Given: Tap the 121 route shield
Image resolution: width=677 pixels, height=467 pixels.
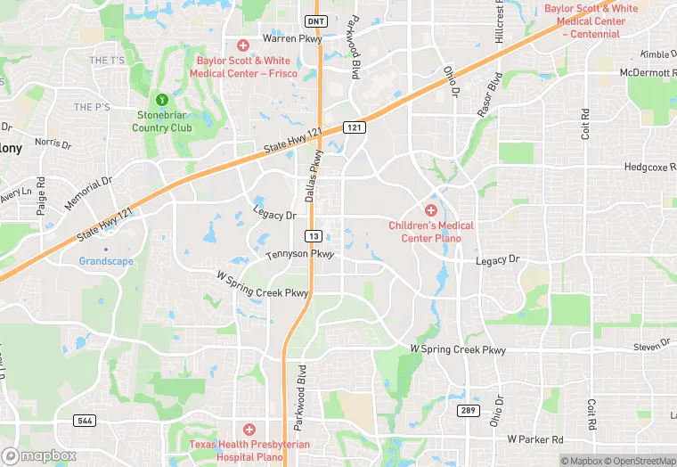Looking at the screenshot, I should (355, 128).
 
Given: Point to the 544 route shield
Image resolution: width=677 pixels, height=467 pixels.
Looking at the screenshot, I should (86, 419).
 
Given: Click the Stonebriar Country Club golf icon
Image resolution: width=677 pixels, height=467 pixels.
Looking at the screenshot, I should (162, 100).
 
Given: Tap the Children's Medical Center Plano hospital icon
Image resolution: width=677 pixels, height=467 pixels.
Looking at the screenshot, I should (431, 210).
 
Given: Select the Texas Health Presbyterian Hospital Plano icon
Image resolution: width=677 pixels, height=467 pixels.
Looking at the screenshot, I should (249, 430).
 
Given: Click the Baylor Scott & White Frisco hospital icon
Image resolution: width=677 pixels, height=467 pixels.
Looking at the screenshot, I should (242, 45).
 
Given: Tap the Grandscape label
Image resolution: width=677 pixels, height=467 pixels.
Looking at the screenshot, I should (106, 261).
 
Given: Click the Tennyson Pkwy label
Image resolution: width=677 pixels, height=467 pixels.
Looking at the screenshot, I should (299, 256).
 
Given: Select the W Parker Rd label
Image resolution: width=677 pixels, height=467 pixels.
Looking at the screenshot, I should (535, 439).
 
